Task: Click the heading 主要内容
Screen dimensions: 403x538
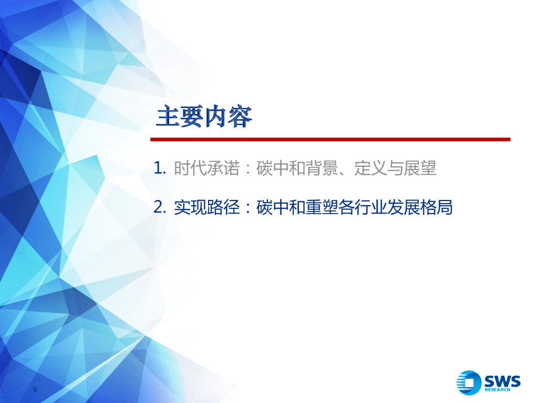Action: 204,117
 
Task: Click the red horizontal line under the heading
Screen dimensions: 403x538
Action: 330,140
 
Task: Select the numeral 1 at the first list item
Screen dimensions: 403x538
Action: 159,168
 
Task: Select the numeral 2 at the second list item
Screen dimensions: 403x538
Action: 159,207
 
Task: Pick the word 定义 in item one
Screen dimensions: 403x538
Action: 370,168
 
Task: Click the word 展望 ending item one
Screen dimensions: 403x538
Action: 420,168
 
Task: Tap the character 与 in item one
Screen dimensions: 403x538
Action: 395,168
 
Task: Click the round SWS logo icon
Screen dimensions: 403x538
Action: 469,383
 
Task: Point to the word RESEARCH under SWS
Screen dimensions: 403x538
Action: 497,390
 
